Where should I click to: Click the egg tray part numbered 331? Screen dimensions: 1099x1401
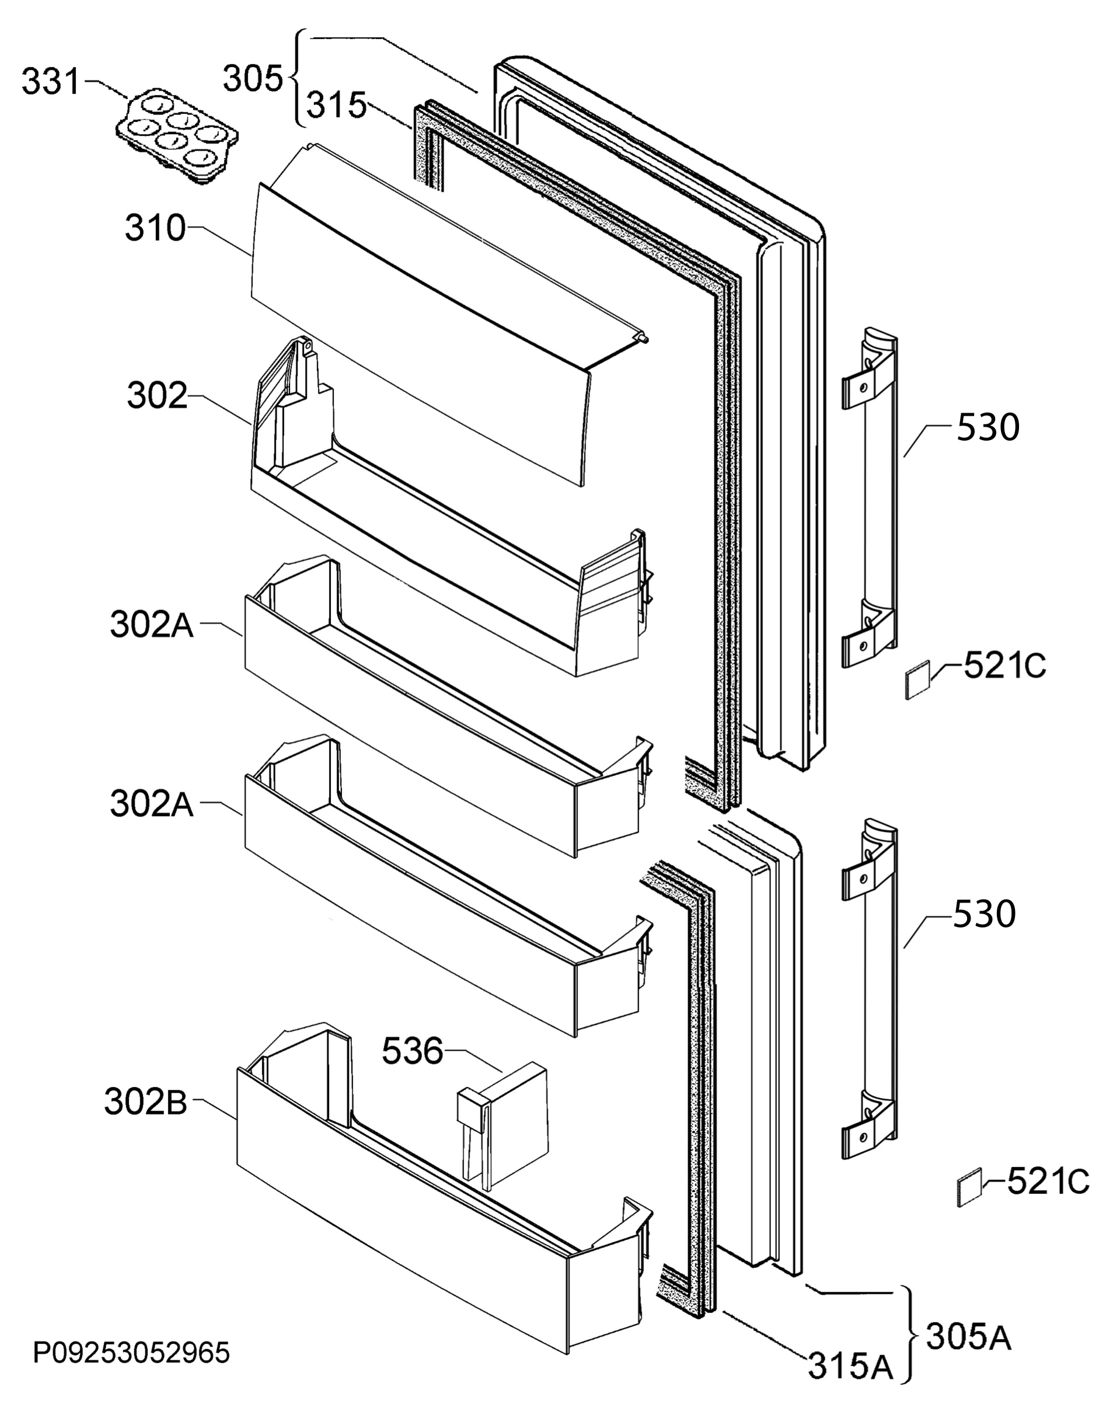pos(177,137)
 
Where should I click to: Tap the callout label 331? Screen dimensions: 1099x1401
pos(51,82)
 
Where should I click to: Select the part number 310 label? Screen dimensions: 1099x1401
pos(155,228)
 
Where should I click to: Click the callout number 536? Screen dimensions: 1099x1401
pos(413,1051)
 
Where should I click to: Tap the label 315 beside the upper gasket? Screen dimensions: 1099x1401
pos(337,106)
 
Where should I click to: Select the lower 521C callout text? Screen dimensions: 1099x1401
pos(1048,1181)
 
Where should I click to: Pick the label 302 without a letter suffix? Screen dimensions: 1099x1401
pos(157,396)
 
